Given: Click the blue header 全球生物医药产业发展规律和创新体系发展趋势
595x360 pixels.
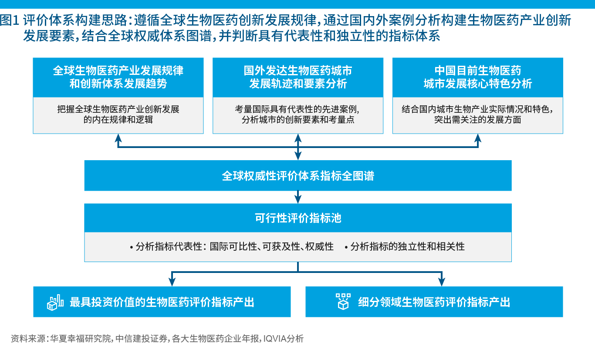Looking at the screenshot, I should [118, 77].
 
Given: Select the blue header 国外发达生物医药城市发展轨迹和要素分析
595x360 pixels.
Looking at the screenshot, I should [298, 77].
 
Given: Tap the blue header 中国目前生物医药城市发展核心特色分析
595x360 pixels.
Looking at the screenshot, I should [477, 77].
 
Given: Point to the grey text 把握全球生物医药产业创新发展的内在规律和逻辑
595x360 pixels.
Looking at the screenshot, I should [118, 114].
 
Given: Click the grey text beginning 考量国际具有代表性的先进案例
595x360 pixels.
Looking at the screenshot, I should [298, 114].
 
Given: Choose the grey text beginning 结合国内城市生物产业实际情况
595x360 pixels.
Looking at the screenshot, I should [477, 114].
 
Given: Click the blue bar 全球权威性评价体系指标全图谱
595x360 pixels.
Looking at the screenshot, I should [298, 176].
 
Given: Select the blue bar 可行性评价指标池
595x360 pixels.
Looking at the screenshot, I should [298, 218].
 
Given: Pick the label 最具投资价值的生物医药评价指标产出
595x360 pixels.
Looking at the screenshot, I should [162, 302].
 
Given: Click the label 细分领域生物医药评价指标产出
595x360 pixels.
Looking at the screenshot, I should [434, 302].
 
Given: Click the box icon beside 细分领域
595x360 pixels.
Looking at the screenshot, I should [343, 301].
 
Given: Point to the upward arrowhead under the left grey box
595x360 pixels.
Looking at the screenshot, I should [118, 138].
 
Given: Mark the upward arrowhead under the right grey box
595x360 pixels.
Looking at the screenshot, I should [478, 138].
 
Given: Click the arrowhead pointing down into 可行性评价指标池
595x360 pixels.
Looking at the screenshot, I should [298, 199].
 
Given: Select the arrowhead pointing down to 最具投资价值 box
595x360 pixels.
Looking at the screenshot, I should [172, 282].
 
